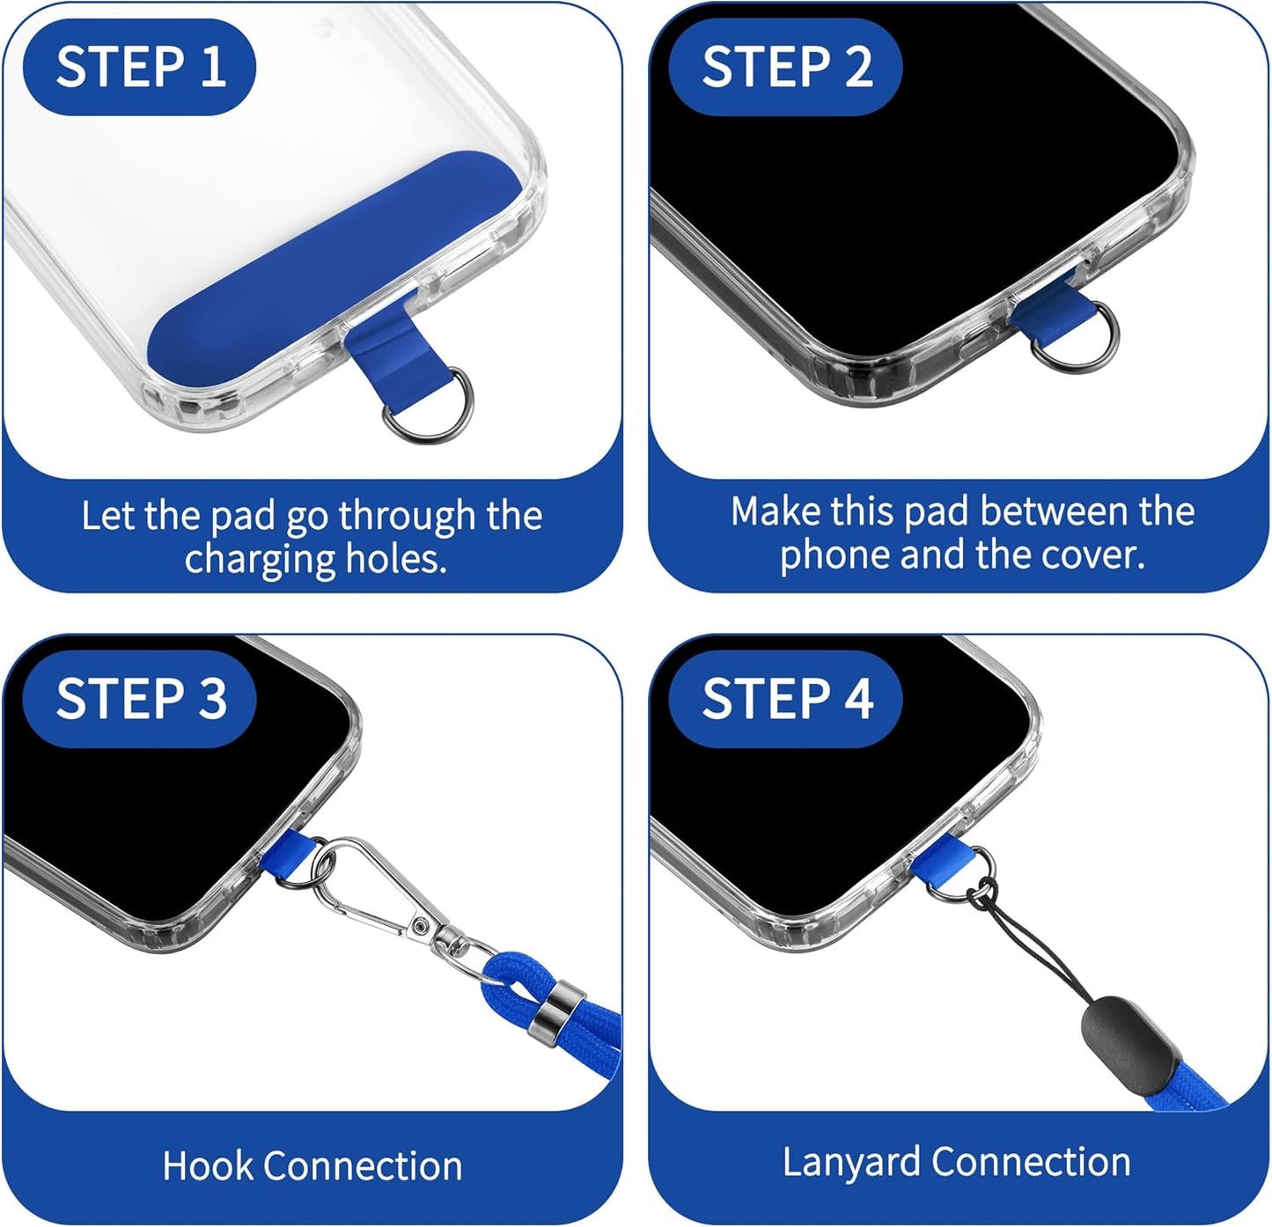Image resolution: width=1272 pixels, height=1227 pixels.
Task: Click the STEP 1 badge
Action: [x=139, y=67]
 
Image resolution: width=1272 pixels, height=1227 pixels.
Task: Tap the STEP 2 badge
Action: [x=785, y=67]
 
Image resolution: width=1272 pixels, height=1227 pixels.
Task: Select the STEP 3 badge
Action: [x=139, y=699]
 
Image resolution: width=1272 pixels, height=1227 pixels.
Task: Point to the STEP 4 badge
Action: [x=785, y=699]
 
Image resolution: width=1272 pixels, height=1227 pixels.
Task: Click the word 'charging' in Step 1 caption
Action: [x=260, y=560]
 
